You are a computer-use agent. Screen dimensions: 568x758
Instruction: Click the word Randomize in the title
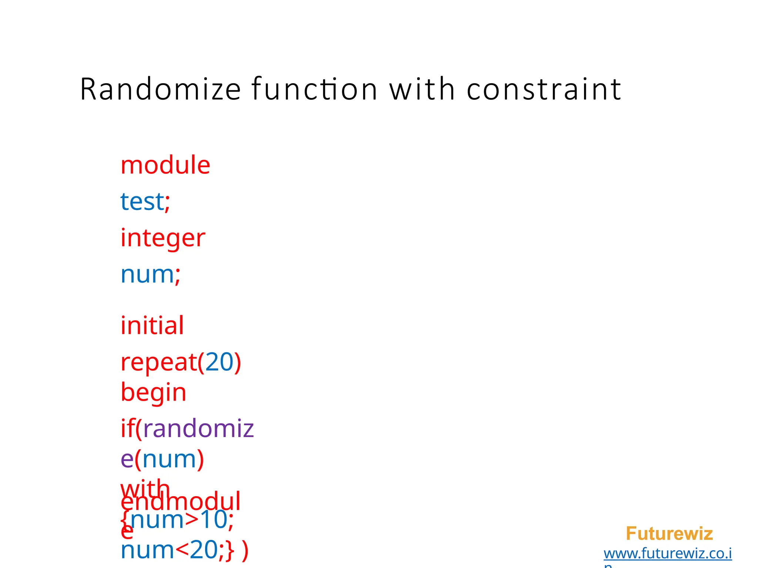pyautogui.click(x=160, y=89)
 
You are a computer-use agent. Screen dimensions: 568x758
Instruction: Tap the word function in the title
pyautogui.click(x=314, y=89)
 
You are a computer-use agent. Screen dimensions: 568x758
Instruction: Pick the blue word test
pyautogui.click(x=142, y=202)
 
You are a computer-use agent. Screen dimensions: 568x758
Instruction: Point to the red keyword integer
pyautogui.click(x=162, y=238)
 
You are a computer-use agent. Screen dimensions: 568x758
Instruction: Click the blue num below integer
pyautogui.click(x=147, y=275)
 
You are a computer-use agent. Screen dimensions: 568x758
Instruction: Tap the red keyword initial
pyautogui.click(x=152, y=326)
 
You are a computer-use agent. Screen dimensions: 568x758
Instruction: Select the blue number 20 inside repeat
pyautogui.click(x=219, y=362)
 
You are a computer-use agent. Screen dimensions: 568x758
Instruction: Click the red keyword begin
pyautogui.click(x=153, y=393)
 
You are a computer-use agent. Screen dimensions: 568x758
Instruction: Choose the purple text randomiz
pyautogui.click(x=198, y=429)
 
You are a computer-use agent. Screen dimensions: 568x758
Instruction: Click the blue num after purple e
pyautogui.click(x=169, y=459)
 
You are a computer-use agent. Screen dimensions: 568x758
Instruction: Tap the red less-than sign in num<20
pyautogui.click(x=182, y=550)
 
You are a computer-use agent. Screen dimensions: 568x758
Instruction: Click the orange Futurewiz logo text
pyautogui.click(x=669, y=534)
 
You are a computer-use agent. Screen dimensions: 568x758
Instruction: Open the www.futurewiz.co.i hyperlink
pyautogui.click(x=667, y=554)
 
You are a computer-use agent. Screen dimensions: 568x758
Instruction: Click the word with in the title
pyautogui.click(x=422, y=89)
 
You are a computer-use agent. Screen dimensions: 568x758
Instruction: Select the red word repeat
pyautogui.click(x=158, y=362)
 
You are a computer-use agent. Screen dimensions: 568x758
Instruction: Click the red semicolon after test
pyautogui.click(x=167, y=203)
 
